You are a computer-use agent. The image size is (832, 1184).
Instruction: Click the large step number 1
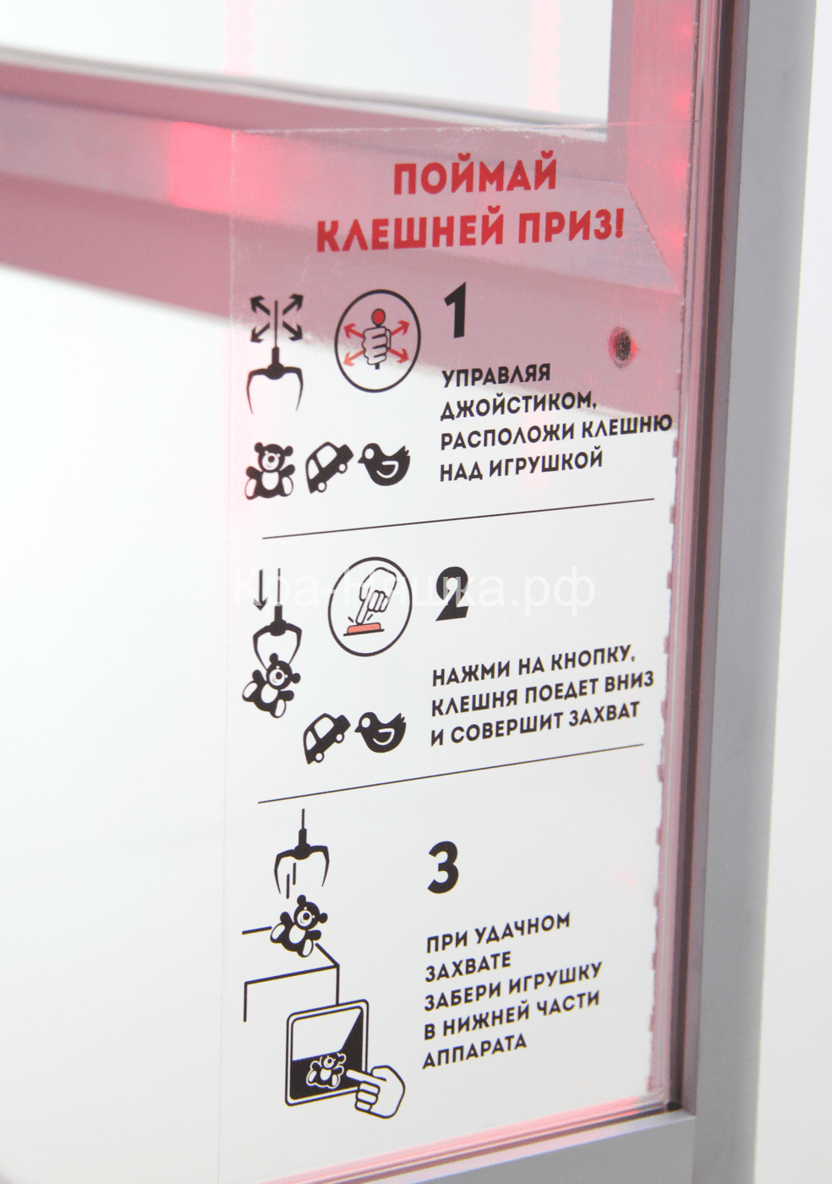[x=457, y=313]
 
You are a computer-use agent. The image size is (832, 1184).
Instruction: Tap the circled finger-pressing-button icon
[x=369, y=606]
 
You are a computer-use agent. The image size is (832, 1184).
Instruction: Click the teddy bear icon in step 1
[x=270, y=471]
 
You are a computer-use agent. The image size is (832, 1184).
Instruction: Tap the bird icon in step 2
[x=380, y=731]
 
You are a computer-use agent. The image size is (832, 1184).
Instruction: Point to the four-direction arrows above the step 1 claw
[x=276, y=318]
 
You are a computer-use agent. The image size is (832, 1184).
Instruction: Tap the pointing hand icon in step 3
[x=376, y=1087]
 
